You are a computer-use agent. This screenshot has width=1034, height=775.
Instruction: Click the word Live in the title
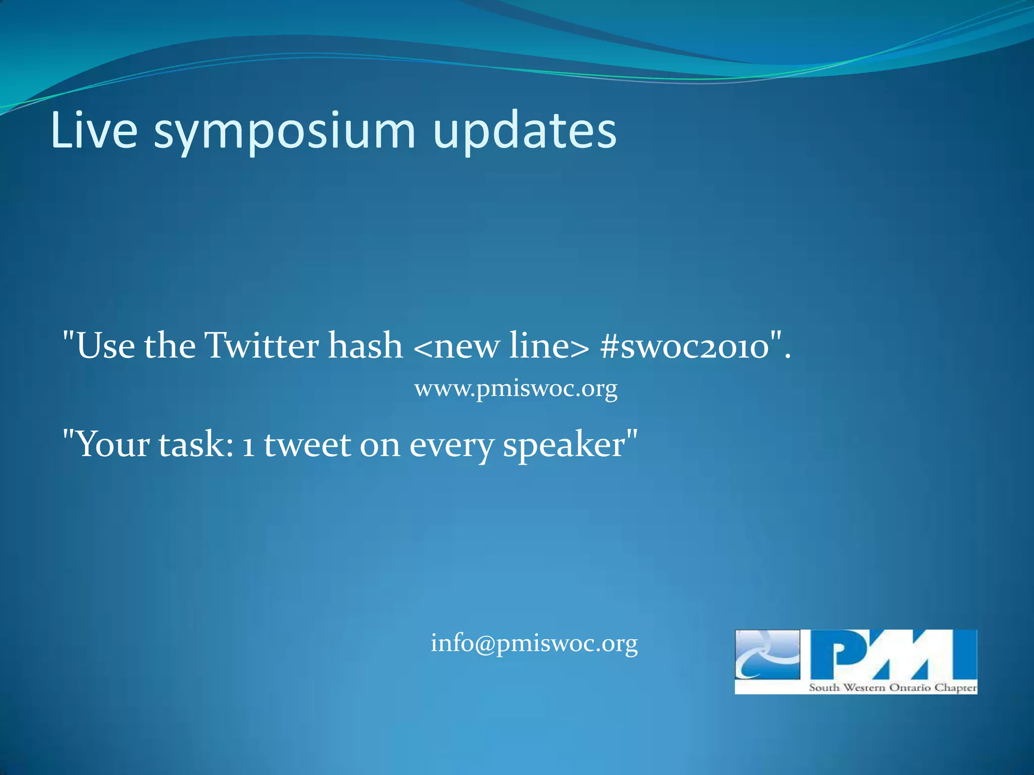coord(94,131)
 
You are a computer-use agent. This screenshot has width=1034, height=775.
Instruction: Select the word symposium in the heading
coord(285,132)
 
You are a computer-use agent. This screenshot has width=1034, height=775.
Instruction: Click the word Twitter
coord(262,346)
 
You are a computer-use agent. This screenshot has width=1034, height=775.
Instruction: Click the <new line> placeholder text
coord(501,346)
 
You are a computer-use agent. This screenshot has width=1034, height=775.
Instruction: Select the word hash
coord(365,346)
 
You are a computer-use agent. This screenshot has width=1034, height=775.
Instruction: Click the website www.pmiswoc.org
coord(515,389)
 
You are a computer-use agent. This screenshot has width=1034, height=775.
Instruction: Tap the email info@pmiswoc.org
coord(534,643)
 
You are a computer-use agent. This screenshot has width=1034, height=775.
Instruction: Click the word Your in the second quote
coord(113,445)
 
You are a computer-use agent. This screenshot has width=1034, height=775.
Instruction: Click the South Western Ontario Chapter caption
coord(893,687)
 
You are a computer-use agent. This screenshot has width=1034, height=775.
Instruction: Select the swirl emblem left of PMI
coord(767,654)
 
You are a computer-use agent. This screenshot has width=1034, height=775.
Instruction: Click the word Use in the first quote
coord(106,346)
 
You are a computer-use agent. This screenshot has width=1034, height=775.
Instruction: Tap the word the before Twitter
coord(170,346)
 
